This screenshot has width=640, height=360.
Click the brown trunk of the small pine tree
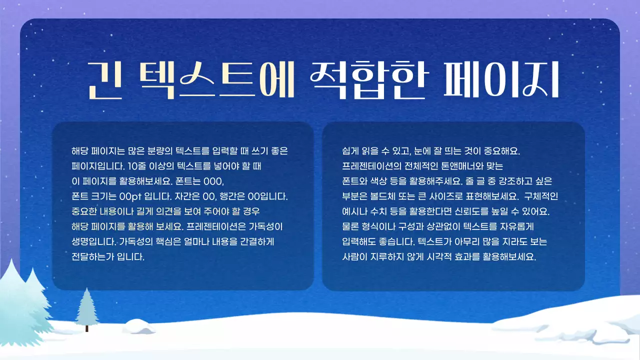pos(87,328)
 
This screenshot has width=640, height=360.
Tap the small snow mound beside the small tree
pos(138,326)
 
